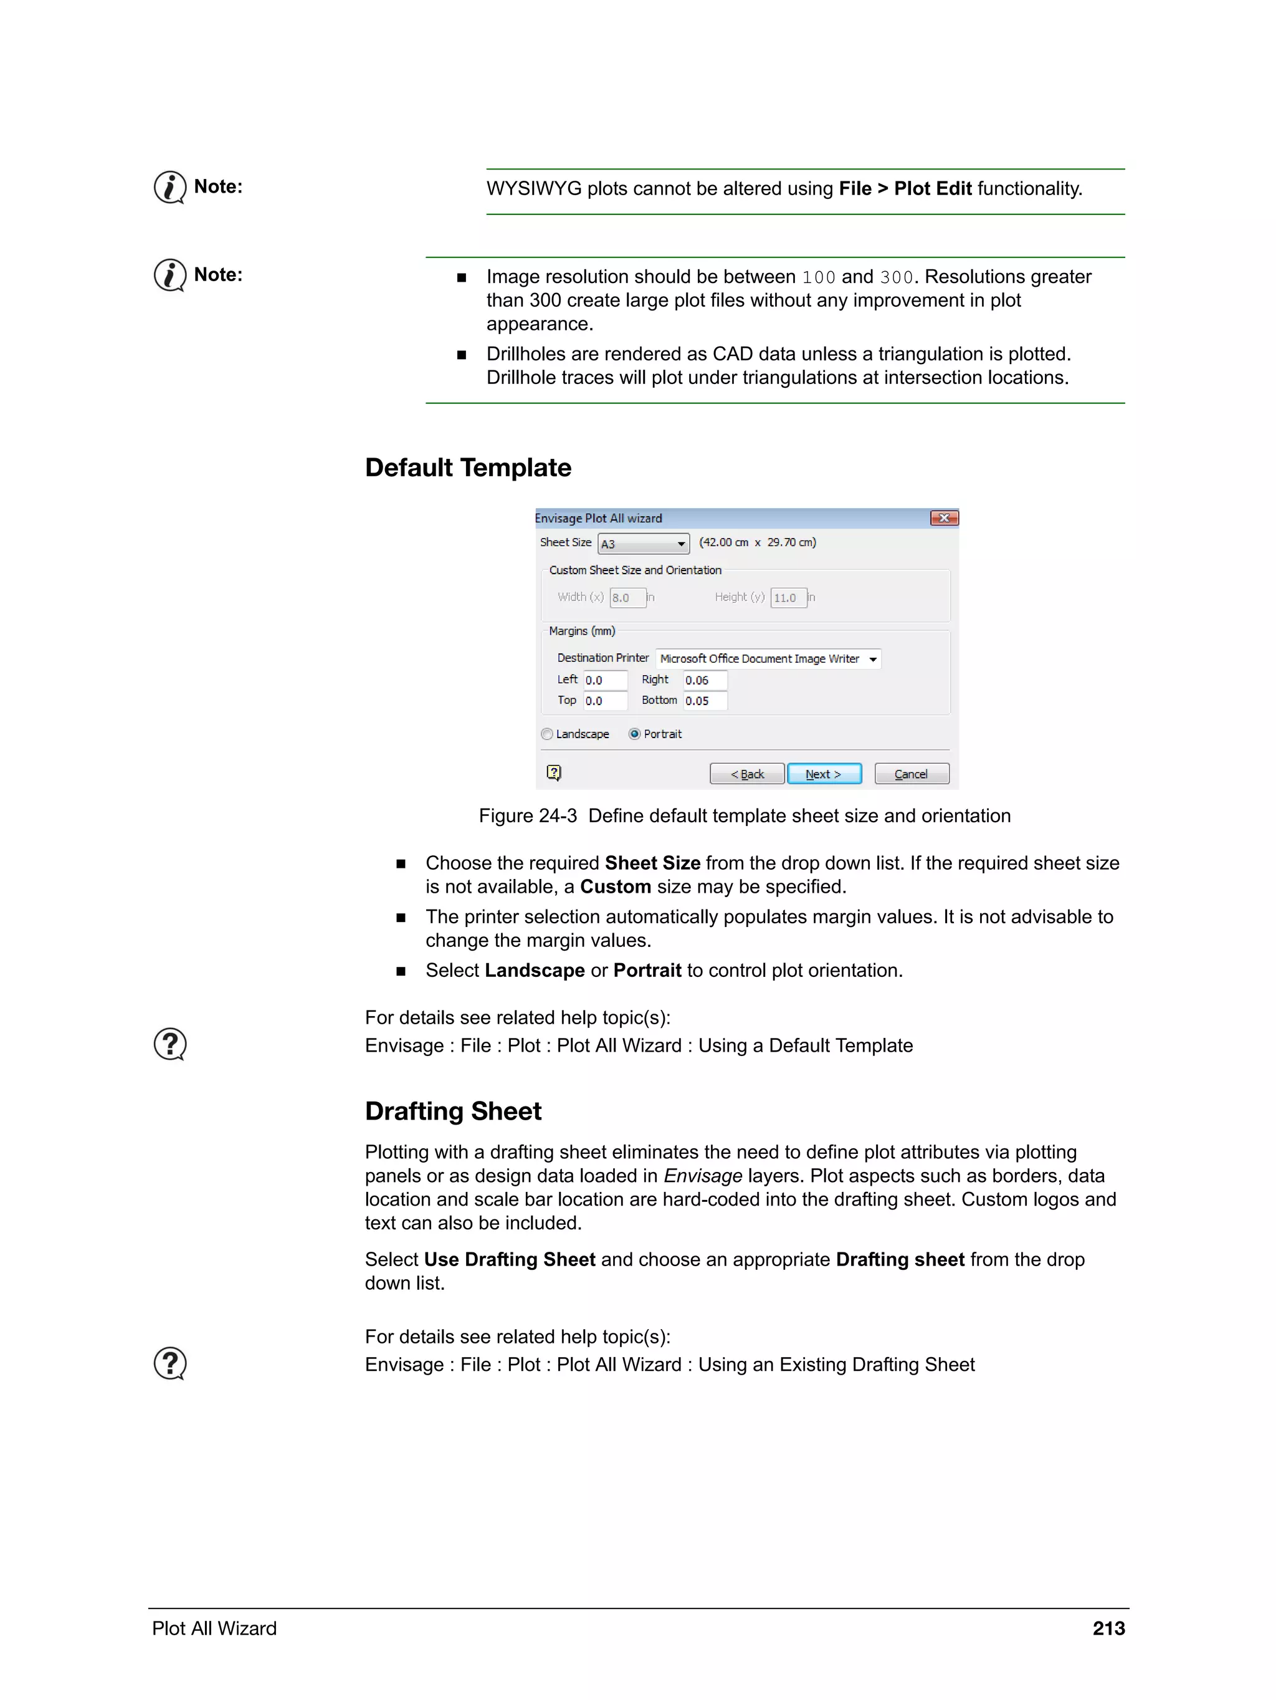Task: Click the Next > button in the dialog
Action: [824, 773]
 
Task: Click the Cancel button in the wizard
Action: [911, 773]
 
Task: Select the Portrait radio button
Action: [634, 734]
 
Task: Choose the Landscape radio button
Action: [547, 734]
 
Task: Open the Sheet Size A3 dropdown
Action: [643, 544]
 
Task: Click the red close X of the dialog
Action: [943, 518]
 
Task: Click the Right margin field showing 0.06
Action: [705, 680]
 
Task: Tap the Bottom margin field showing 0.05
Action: [705, 701]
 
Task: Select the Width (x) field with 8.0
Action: [627, 597]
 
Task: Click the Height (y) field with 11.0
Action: [788, 597]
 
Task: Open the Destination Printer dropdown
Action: [768, 659]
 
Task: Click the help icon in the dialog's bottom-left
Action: [554, 772]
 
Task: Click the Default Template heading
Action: [468, 468]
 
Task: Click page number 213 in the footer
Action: [1108, 1628]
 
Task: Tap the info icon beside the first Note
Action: [169, 187]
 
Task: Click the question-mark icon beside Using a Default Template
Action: [169, 1044]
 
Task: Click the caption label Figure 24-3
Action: [528, 815]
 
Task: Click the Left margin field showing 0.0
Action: [604, 680]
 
